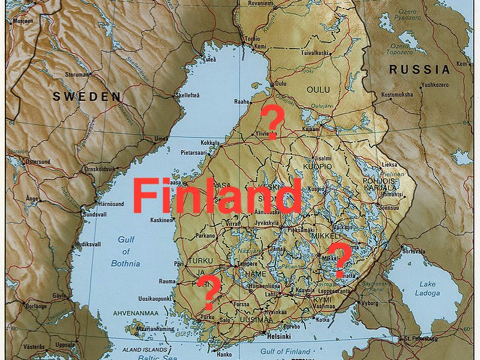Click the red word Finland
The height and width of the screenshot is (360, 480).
[x=217, y=196]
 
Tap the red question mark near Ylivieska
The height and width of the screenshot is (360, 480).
[x=273, y=122]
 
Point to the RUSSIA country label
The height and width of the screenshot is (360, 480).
[x=419, y=70]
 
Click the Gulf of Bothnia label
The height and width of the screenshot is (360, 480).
[x=125, y=251]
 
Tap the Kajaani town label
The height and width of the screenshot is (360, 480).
[x=310, y=128]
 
